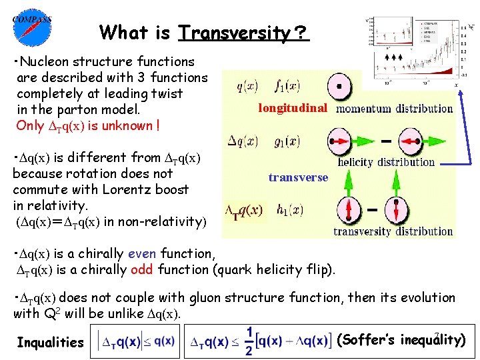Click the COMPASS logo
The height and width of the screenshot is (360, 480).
pos(31,28)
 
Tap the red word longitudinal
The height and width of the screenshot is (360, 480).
pos(293,108)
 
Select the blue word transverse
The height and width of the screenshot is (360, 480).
pos(299,177)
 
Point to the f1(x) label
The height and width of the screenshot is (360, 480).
pos(288,85)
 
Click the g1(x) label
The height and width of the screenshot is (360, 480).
pos(288,141)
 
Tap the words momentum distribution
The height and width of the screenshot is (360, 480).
pos(395,108)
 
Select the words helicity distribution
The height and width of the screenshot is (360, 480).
pos(387,161)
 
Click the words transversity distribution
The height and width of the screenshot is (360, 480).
pos(393,231)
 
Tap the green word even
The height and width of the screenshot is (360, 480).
pos(141,253)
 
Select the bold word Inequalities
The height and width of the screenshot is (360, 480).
pos(51,343)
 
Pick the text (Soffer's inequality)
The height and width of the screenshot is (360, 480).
pos(402,340)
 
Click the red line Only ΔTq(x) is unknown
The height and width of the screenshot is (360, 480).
pos(88,125)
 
